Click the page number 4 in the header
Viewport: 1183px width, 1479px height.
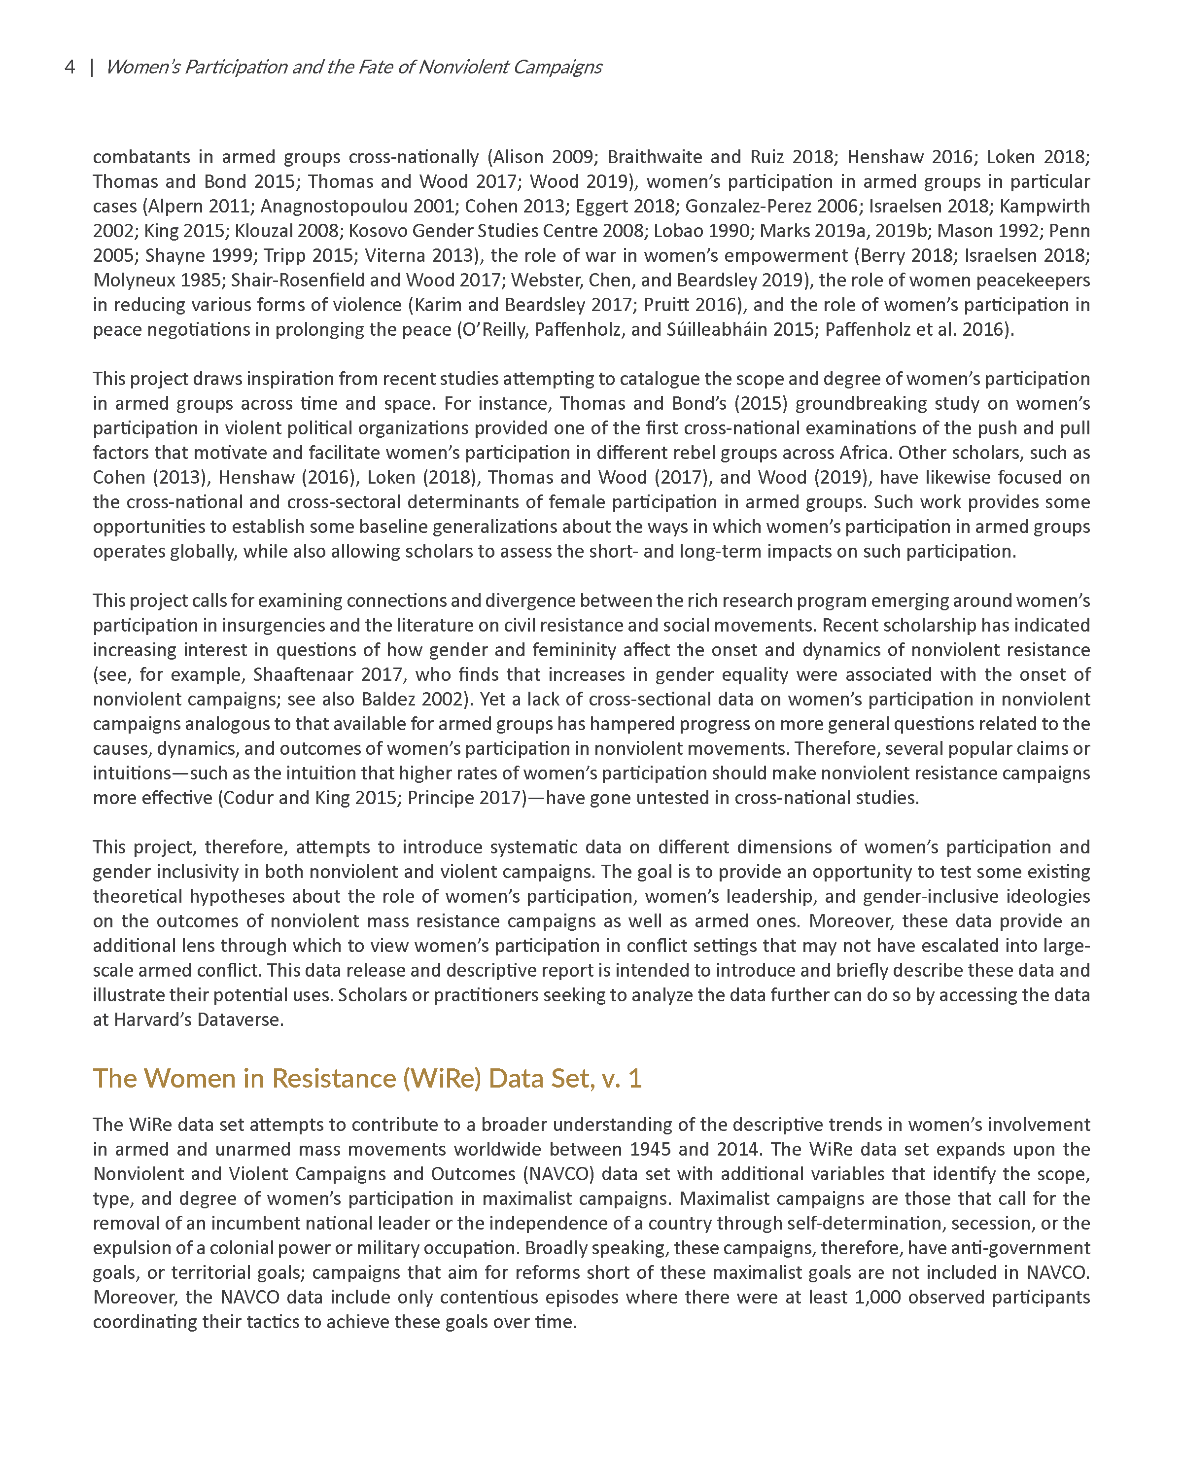pyautogui.click(x=70, y=67)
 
